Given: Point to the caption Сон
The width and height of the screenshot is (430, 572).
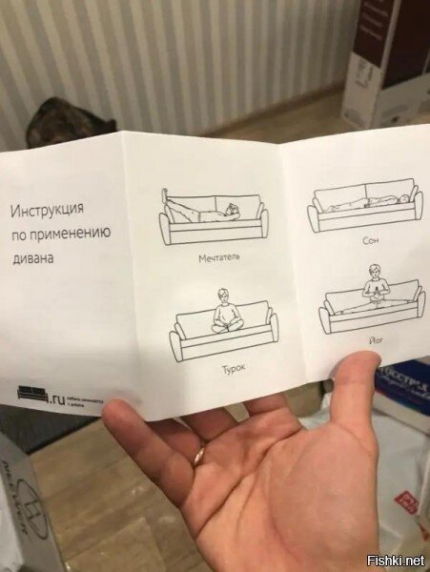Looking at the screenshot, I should click(371, 242).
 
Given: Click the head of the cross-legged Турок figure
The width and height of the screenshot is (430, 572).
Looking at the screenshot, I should click(223, 296).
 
